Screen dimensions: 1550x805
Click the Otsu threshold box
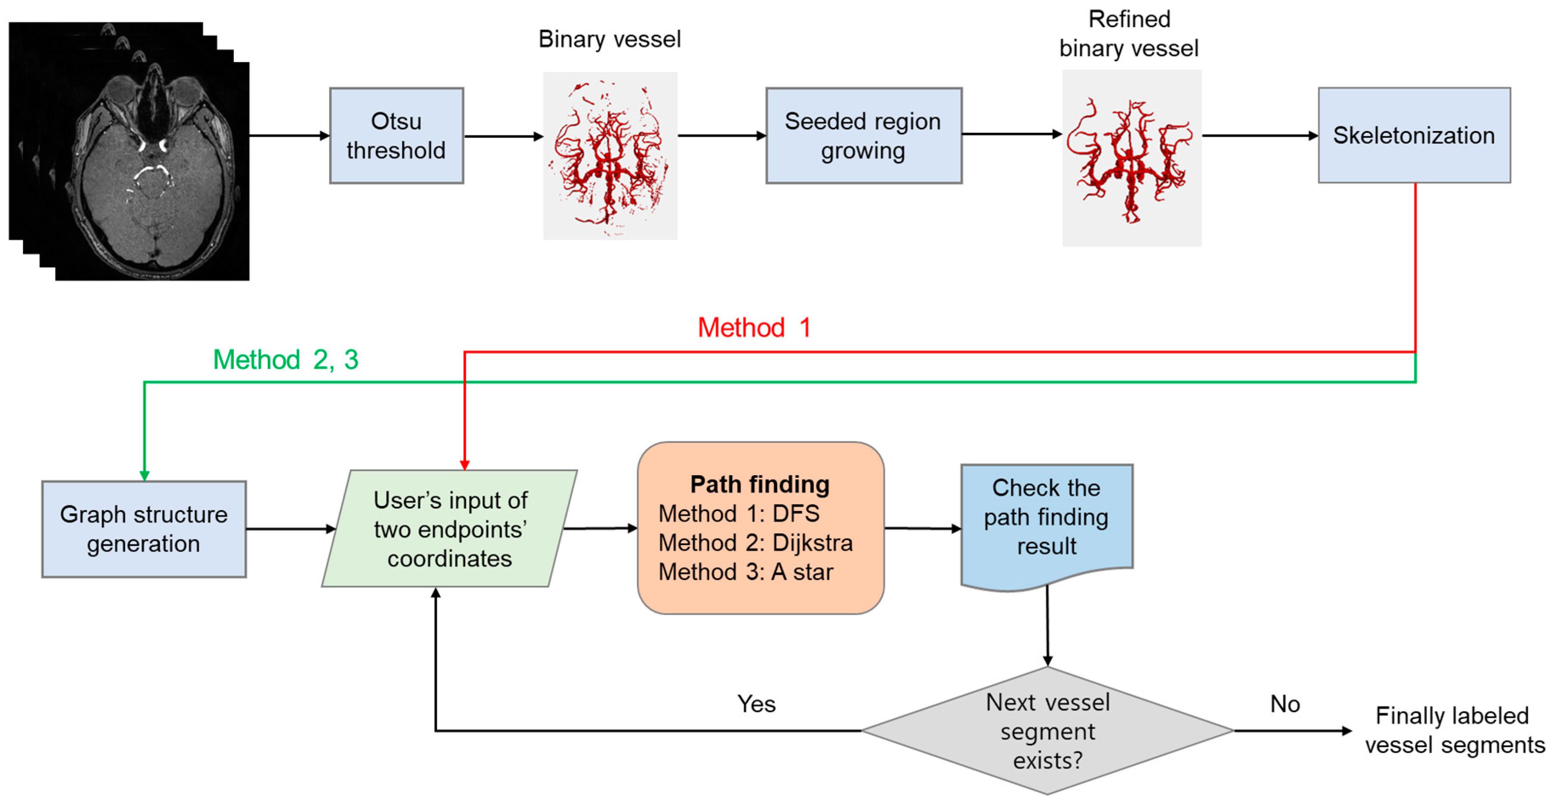click(x=397, y=135)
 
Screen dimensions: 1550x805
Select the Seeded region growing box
click(x=863, y=135)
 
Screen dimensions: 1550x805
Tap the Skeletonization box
click(x=1414, y=135)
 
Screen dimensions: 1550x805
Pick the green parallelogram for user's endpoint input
click(x=449, y=528)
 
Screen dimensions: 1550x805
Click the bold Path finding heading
click(x=760, y=485)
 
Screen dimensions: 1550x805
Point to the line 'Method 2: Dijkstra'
click(x=756, y=542)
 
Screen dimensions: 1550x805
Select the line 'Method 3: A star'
click(x=746, y=571)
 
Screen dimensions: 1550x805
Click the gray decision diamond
click(x=1048, y=731)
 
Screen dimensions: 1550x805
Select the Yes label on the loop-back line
click(x=756, y=704)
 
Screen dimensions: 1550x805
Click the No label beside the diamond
click(x=1285, y=704)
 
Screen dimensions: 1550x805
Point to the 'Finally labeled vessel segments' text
click(x=1454, y=731)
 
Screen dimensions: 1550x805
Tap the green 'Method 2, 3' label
click(x=286, y=360)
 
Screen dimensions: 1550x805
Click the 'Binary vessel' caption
click(x=610, y=40)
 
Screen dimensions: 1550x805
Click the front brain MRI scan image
click(x=152, y=171)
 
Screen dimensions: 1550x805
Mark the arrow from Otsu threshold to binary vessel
click(x=504, y=137)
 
